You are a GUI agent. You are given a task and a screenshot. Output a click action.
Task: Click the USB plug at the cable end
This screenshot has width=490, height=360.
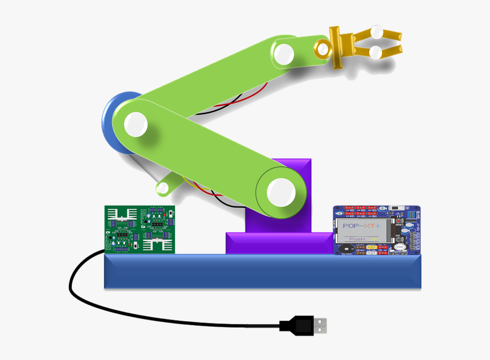305,325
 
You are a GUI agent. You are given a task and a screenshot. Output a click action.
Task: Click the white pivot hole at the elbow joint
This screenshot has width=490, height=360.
135,124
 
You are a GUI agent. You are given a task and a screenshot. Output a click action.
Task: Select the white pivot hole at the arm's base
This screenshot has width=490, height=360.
280,192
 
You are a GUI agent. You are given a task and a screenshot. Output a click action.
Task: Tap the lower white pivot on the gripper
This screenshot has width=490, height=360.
375,53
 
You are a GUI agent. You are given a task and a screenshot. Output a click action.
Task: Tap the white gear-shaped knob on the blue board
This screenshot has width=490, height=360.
400,247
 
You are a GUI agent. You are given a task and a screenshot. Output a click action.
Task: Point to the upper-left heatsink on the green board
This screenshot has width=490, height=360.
122,214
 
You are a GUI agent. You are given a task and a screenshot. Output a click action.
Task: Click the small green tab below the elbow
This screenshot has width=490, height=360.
167,185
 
